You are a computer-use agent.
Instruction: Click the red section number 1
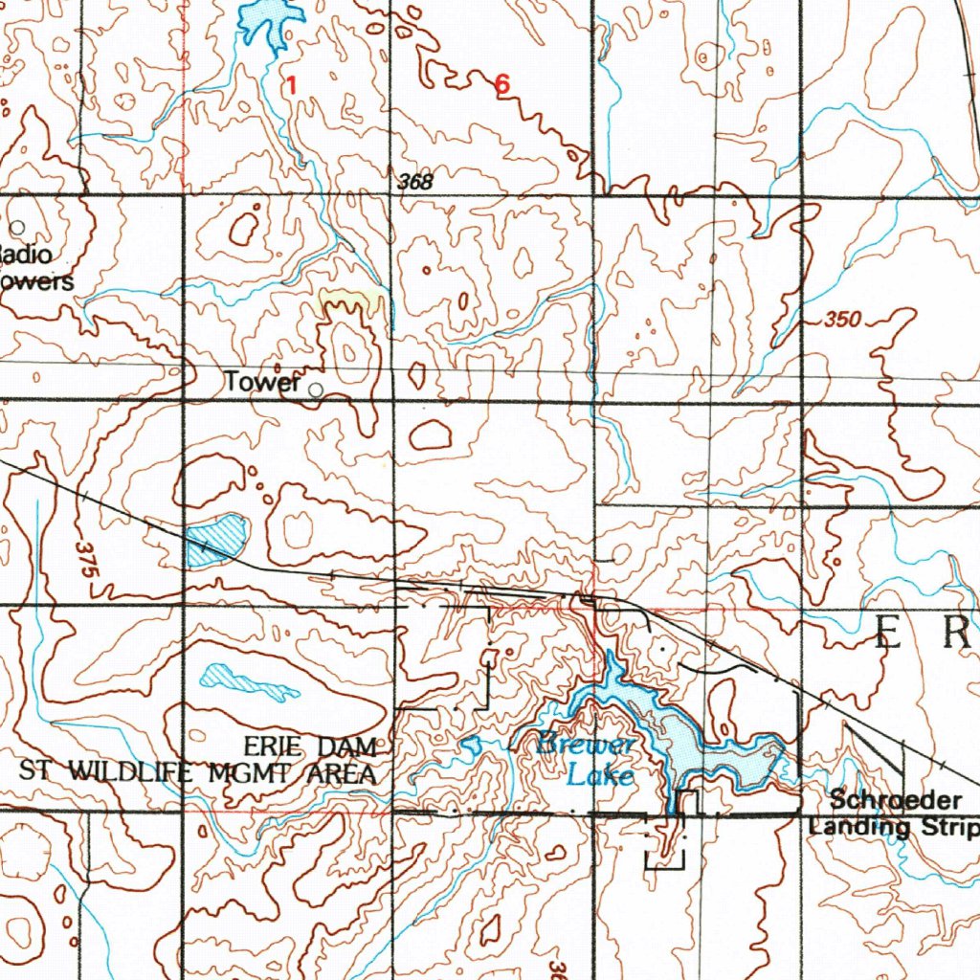tap(291, 85)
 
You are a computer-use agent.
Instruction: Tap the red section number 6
tap(502, 85)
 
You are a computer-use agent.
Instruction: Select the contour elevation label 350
tap(842, 320)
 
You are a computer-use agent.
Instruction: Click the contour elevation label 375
tap(85, 559)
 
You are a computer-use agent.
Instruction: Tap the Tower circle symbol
tap(316, 389)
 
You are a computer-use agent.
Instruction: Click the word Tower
tap(262, 382)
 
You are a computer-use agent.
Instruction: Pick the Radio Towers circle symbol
tap(17, 228)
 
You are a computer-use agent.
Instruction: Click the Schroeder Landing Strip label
tap(892, 813)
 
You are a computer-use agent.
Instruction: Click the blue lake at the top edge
tap(270, 19)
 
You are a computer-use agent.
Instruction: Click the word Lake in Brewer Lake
tap(599, 775)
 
